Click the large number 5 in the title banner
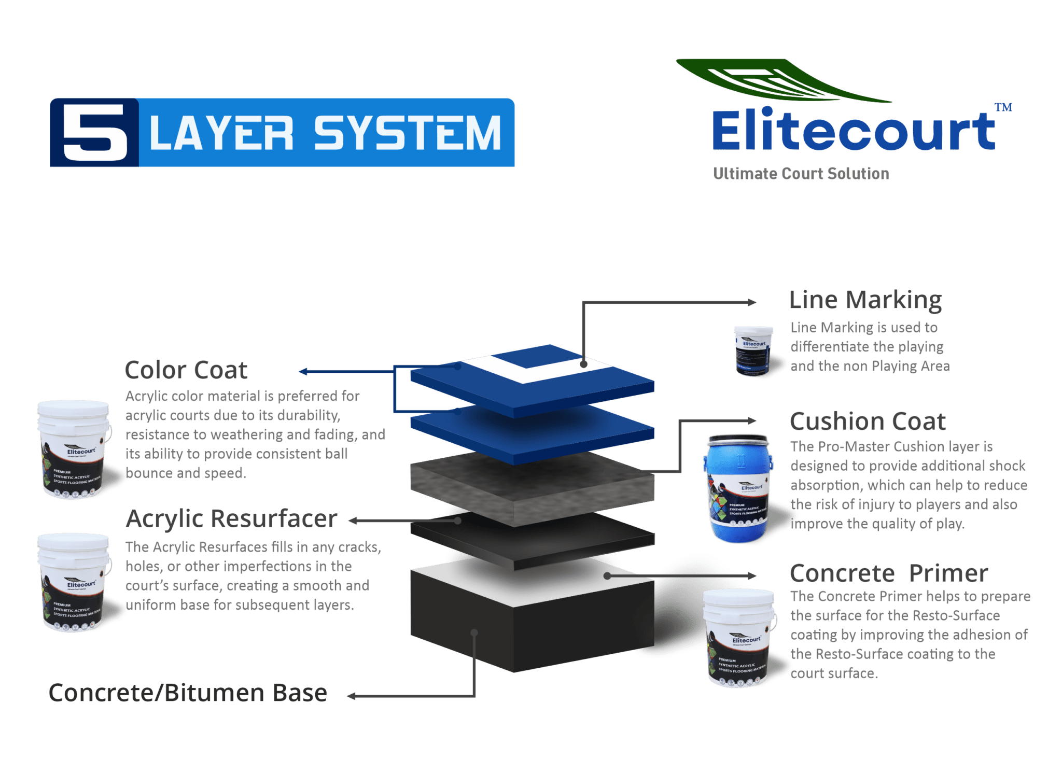(94, 132)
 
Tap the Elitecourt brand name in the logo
(853, 131)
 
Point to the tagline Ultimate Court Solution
(801, 174)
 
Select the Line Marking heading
(865, 300)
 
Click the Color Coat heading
(186, 370)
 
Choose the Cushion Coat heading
(868, 421)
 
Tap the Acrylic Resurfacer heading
(231, 519)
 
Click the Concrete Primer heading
(889, 573)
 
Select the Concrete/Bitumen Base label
(188, 693)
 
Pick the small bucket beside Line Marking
(753, 350)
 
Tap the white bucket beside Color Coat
(74, 448)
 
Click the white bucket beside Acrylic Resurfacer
(74, 582)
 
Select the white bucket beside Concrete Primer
(739, 638)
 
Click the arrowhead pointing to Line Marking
(751, 302)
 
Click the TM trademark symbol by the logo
(1003, 107)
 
